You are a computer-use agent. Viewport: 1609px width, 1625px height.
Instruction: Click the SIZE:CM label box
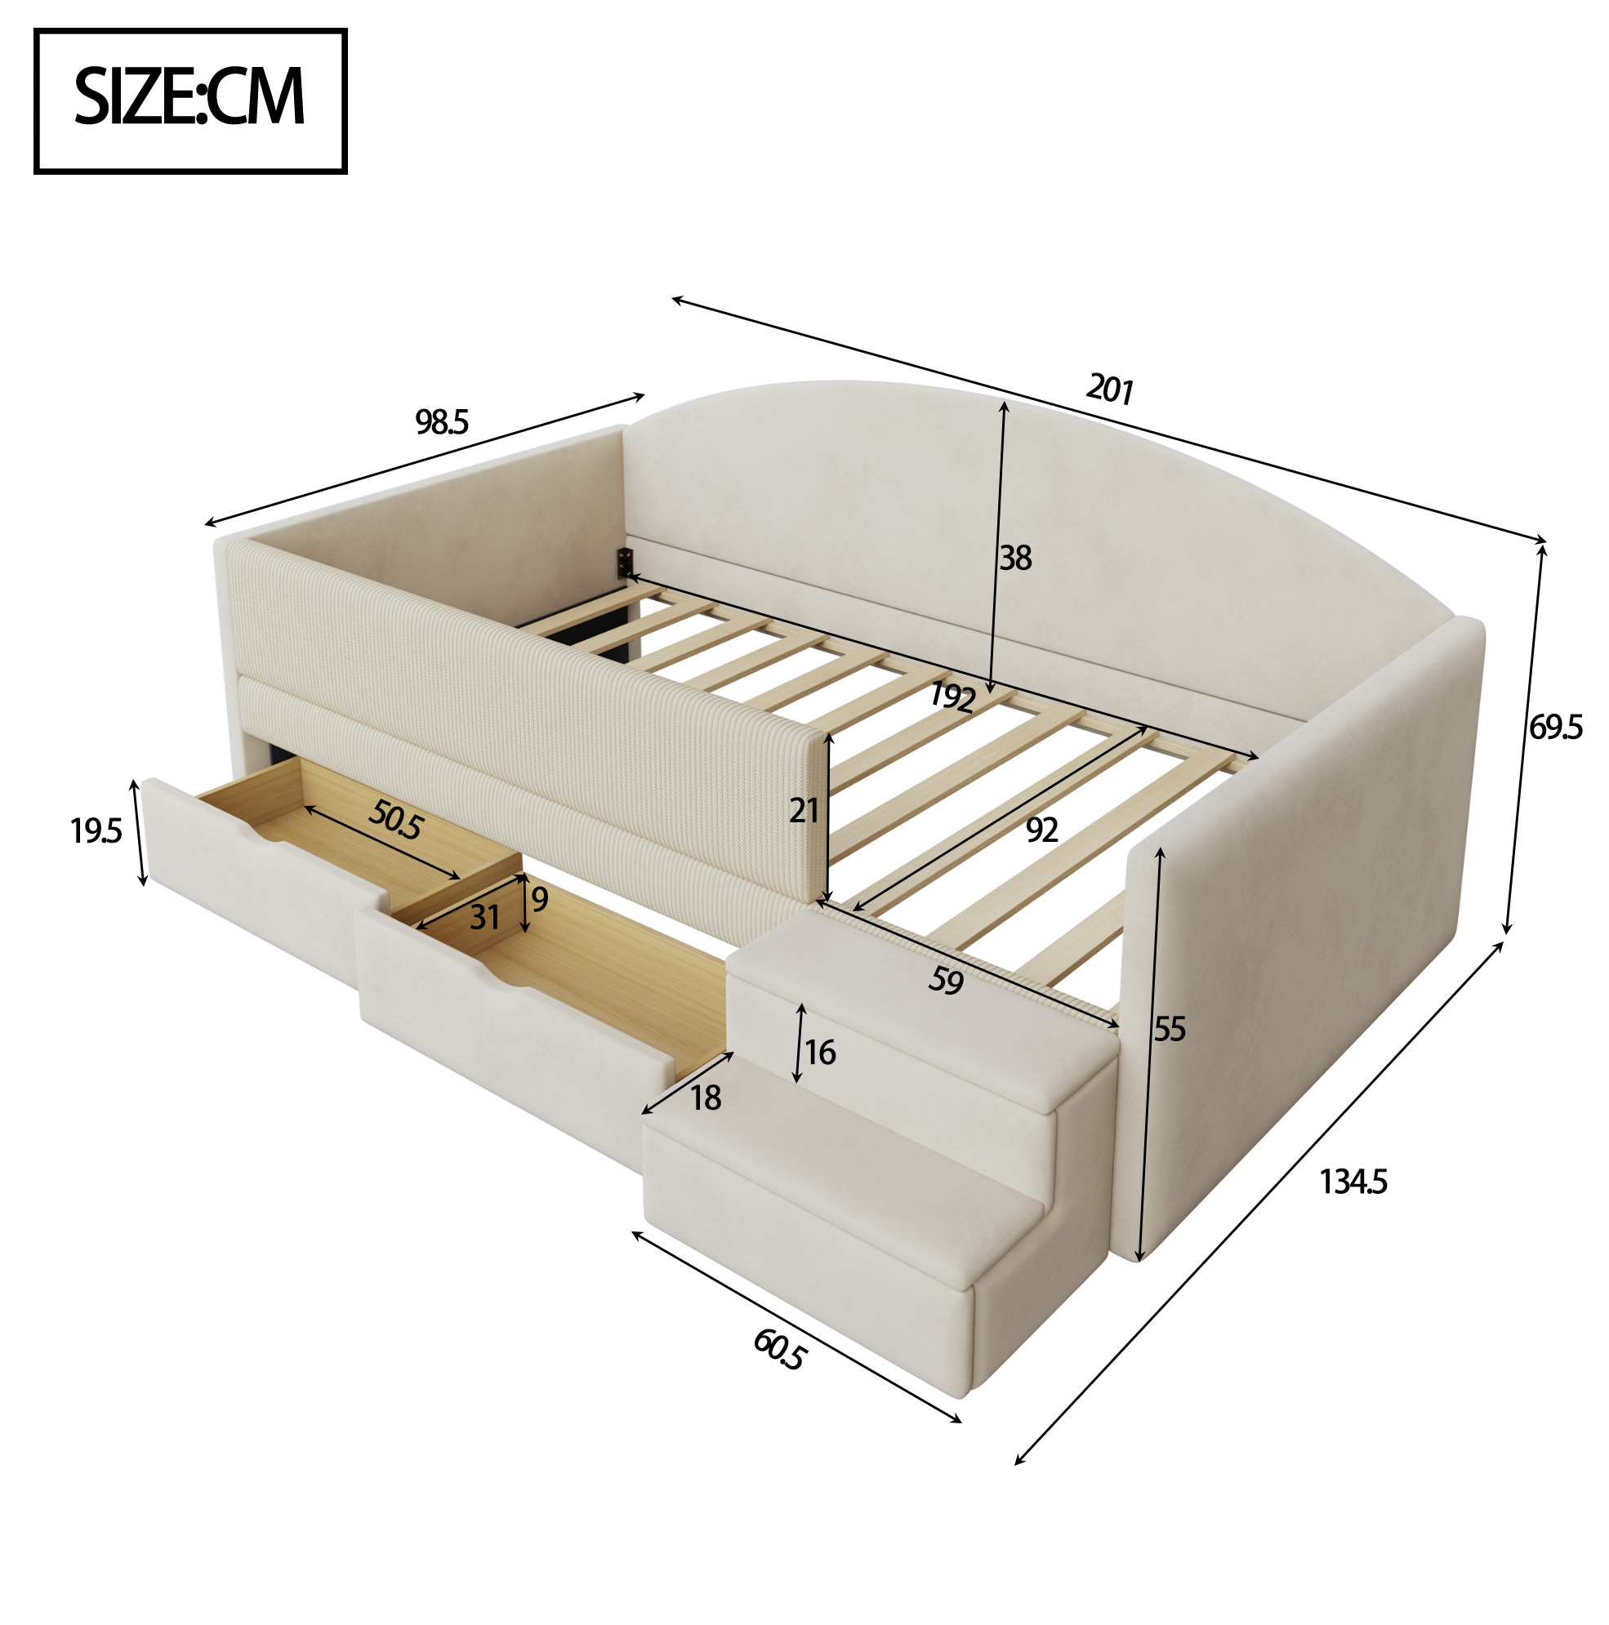[190, 101]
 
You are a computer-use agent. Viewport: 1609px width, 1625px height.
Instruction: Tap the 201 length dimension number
[1109, 390]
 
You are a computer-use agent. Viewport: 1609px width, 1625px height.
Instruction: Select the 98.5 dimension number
[442, 422]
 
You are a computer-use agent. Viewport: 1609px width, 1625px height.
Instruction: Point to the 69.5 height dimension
[1555, 727]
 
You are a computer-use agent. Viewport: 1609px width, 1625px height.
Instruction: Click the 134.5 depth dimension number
[1353, 1182]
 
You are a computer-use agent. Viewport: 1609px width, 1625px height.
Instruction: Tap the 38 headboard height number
[1015, 558]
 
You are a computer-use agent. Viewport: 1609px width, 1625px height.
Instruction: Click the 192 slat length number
[952, 697]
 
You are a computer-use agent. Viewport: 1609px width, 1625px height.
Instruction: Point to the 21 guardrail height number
[804, 810]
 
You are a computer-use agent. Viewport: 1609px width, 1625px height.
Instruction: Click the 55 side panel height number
[1169, 1029]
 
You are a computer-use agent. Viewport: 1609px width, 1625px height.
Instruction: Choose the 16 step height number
[820, 1053]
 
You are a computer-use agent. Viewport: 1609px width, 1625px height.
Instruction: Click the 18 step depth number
[706, 1097]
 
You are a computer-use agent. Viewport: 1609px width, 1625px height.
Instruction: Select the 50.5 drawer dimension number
[394, 820]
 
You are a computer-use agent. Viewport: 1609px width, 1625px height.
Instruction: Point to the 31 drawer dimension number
[485, 917]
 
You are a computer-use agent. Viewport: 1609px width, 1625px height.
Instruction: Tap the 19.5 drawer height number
[96, 831]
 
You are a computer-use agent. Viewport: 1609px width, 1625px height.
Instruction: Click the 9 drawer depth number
[540, 899]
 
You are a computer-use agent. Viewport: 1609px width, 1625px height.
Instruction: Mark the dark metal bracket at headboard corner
[625, 562]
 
